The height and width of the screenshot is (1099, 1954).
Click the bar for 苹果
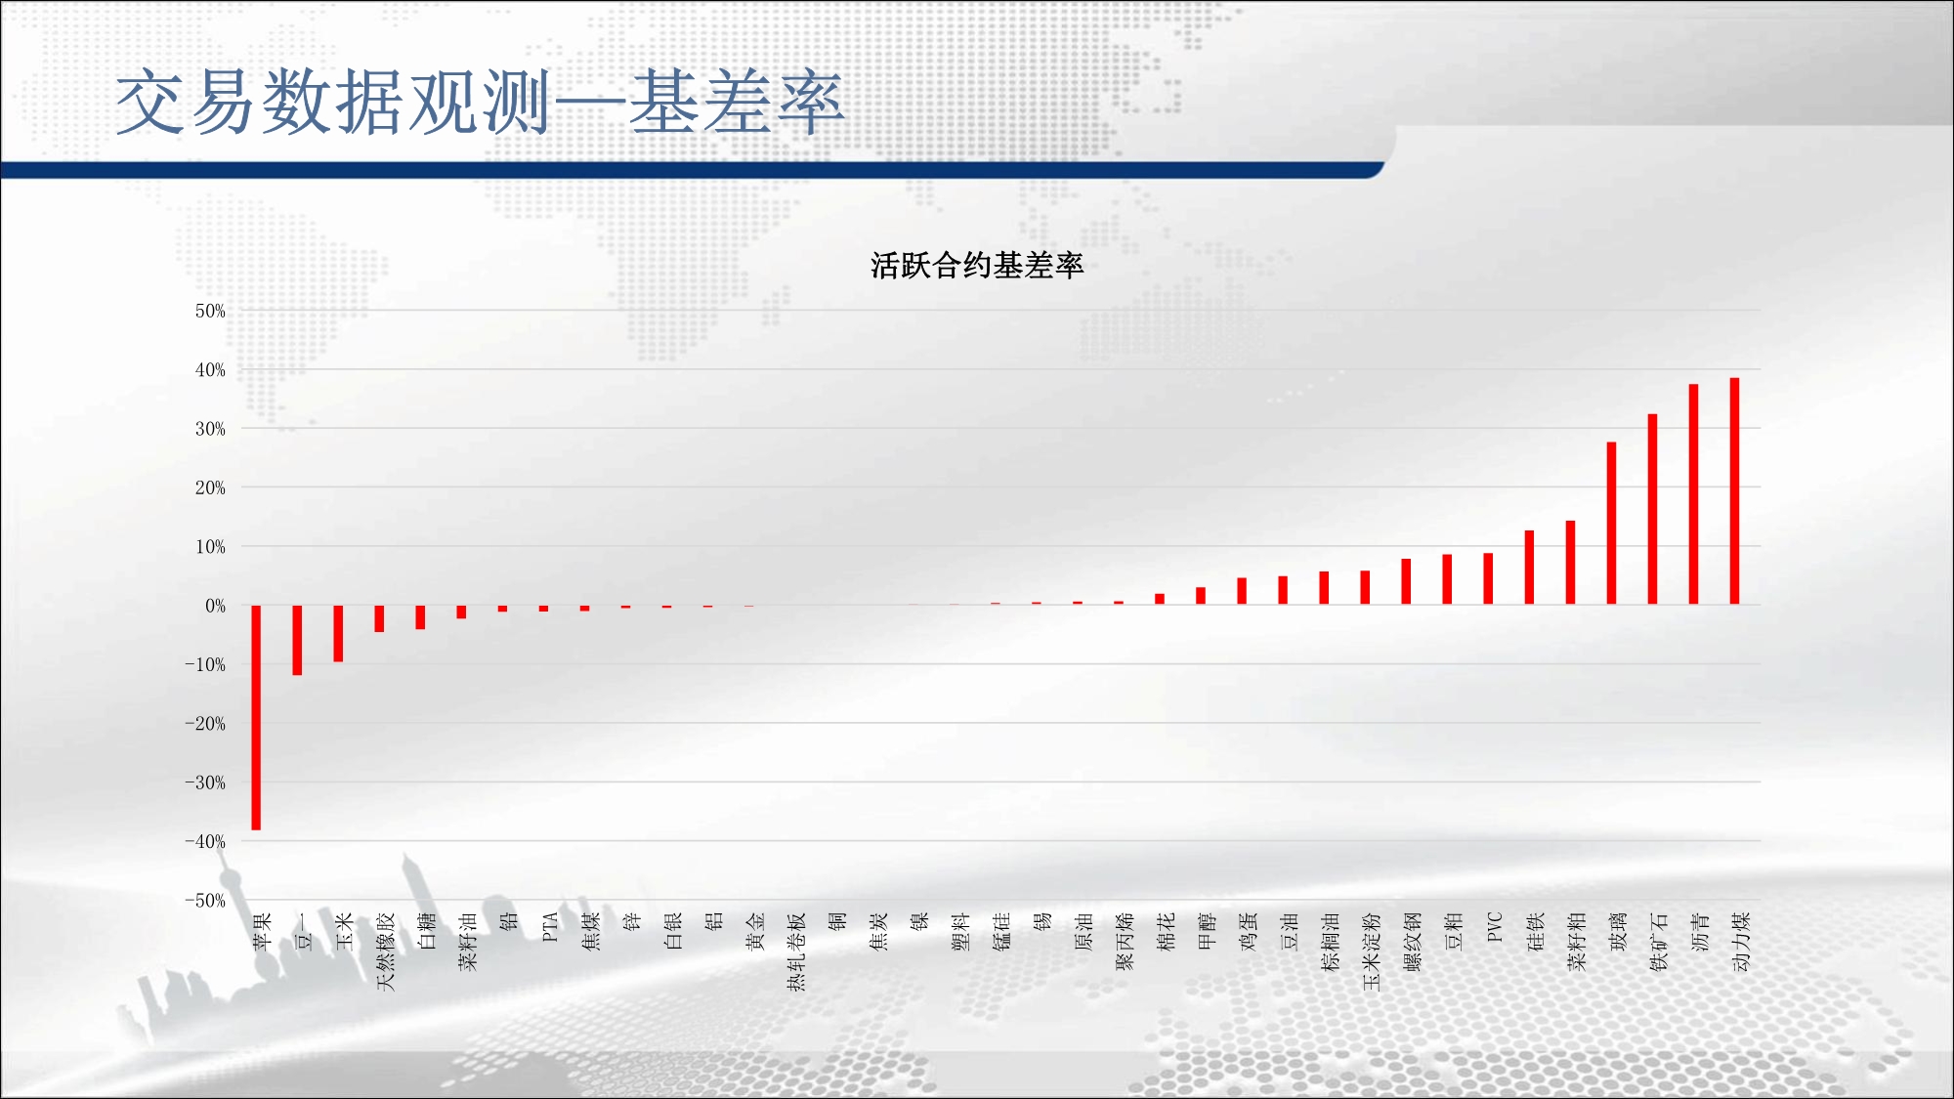pyautogui.click(x=256, y=717)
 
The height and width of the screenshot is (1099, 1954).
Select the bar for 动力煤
pyautogui.click(x=1734, y=490)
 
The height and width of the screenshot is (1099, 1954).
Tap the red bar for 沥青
pyautogui.click(x=1693, y=494)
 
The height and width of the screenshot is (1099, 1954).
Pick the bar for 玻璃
pyautogui.click(x=1611, y=523)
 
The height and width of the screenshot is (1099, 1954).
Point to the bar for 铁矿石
pyautogui.click(x=1652, y=509)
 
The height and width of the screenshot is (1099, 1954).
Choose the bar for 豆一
pyautogui.click(x=297, y=640)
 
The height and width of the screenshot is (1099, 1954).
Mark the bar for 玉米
pyautogui.click(x=338, y=633)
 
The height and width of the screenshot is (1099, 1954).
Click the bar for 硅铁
pyautogui.click(x=1529, y=568)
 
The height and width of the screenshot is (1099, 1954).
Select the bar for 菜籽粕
pyautogui.click(x=1570, y=563)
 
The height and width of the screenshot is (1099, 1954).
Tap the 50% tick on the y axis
pyautogui.click(x=210, y=311)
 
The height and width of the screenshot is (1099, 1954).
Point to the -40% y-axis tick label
pyautogui.click(x=205, y=841)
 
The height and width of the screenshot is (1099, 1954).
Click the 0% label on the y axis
pyautogui.click(x=215, y=606)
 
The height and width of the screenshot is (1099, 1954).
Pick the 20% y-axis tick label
pyautogui.click(x=210, y=487)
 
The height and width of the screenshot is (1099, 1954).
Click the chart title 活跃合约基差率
pyautogui.click(x=977, y=266)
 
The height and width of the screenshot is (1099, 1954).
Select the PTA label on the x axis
pyautogui.click(x=550, y=927)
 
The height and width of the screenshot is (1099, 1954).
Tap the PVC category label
pyautogui.click(x=1494, y=927)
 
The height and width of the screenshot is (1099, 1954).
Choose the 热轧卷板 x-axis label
pyautogui.click(x=796, y=951)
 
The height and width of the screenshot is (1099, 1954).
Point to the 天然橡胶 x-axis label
pyautogui.click(x=386, y=951)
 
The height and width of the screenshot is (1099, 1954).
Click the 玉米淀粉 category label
pyautogui.click(x=1371, y=951)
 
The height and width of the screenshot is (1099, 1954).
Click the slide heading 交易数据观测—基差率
pyautogui.click(x=480, y=102)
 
